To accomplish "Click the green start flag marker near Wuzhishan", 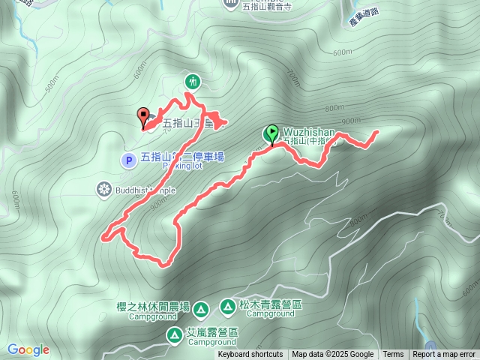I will click(x=271, y=133).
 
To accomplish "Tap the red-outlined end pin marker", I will click(x=143, y=116).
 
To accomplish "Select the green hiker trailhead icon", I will click(x=193, y=81).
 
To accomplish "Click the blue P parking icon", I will click(x=128, y=159).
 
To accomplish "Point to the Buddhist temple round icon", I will click(x=104, y=189).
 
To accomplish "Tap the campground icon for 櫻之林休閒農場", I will click(x=200, y=309).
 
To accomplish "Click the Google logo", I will click(x=28, y=349).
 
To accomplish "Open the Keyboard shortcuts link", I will click(x=250, y=355).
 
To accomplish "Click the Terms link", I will click(x=393, y=355).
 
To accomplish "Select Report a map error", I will click(x=444, y=355).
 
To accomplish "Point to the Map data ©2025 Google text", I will click(x=332, y=355).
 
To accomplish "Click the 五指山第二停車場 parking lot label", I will click(x=182, y=157).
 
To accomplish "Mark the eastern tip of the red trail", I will click(x=375, y=132).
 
